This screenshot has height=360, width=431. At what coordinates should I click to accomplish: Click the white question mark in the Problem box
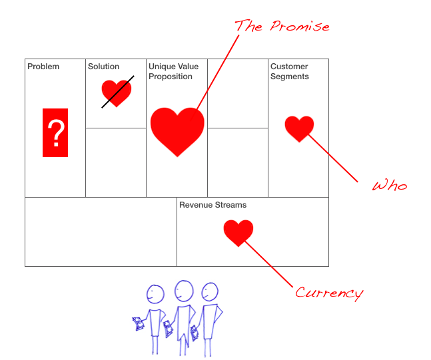pos(55,133)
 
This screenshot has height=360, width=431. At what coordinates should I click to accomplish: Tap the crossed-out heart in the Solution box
pos(117,92)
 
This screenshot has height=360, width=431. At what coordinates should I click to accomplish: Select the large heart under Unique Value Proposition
pos(177,130)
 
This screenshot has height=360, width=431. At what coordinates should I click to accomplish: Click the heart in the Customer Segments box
pos(299,128)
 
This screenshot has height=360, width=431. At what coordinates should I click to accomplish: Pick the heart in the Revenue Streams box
pos(238,232)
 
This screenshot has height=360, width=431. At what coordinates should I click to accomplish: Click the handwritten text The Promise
pos(282,27)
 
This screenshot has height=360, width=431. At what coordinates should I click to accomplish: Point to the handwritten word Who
pos(389,185)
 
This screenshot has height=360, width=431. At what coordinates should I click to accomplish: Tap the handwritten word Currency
pos(329,293)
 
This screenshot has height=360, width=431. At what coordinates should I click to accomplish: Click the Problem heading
pos(43,67)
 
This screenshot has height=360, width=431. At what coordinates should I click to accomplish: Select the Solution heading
pos(104,67)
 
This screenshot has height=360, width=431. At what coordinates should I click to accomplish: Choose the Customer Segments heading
pos(290,71)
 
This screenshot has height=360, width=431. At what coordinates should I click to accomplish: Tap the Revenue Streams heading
pos(213,205)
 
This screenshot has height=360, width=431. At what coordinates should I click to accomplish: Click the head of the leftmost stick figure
pos(155,293)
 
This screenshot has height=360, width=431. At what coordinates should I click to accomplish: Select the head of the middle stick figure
pos(183,290)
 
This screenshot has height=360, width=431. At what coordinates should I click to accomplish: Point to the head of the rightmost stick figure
pos(211,291)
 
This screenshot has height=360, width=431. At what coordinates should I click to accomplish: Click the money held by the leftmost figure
pos(139,324)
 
